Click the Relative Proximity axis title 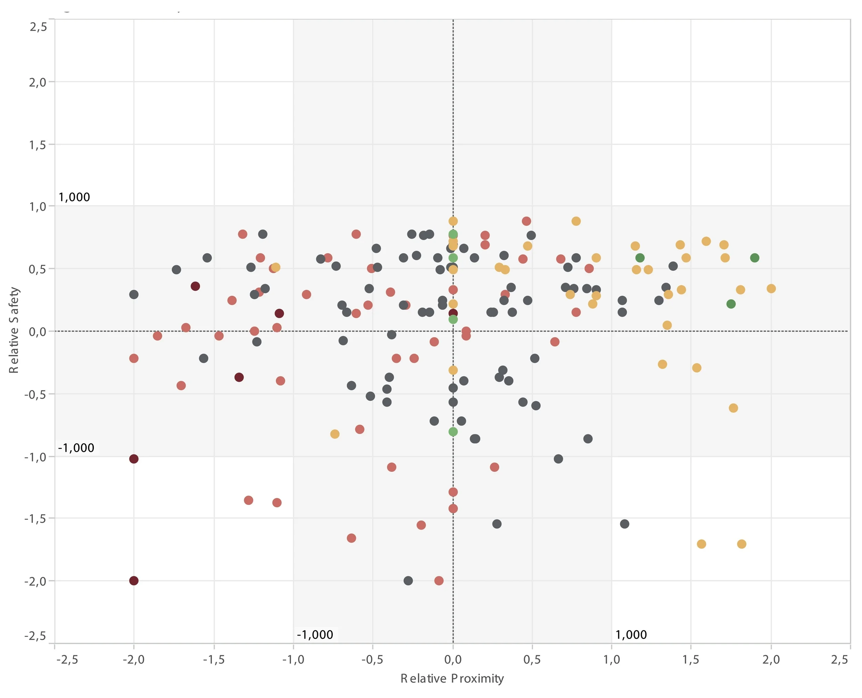[452, 678]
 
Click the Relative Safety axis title [14, 330]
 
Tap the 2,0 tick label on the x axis [770, 660]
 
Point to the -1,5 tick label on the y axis [36, 519]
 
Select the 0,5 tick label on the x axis [532, 660]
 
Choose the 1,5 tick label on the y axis [37, 145]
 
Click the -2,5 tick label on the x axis [67, 660]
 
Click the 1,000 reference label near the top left [74, 197]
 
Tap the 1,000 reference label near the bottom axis [631, 635]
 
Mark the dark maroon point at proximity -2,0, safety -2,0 [134, 581]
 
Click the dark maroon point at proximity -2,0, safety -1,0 [134, 459]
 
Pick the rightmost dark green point [755, 258]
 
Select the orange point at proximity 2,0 [771, 288]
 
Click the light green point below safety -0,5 [453, 431]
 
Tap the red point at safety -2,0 [439, 581]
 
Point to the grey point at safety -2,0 [408, 581]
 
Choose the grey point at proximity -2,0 [134, 294]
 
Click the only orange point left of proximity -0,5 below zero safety [335, 434]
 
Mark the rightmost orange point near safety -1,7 [742, 544]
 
